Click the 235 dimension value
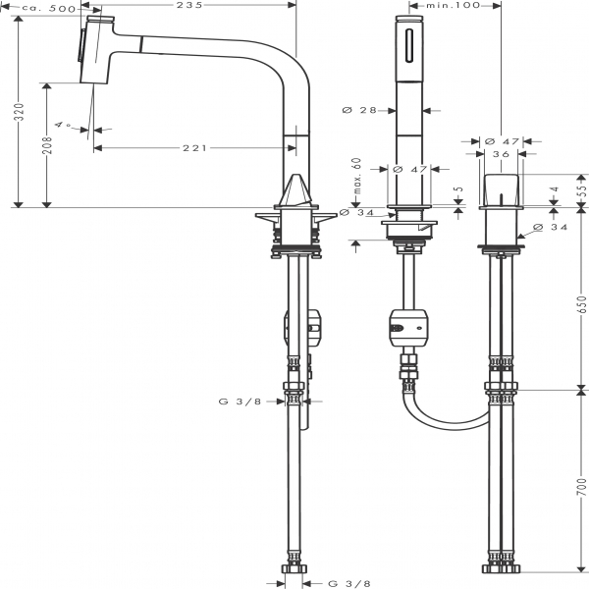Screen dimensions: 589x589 pos(189,5)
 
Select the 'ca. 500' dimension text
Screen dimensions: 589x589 pos(49,8)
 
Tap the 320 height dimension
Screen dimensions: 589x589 pos(19,112)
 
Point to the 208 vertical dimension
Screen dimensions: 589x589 pos(47,145)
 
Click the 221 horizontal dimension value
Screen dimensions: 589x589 pos(195,148)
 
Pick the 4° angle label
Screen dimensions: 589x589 pos(63,124)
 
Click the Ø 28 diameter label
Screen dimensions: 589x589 pos(359,110)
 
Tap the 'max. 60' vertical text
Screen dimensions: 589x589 pos(357,176)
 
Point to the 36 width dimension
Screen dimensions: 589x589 pos(501,154)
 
